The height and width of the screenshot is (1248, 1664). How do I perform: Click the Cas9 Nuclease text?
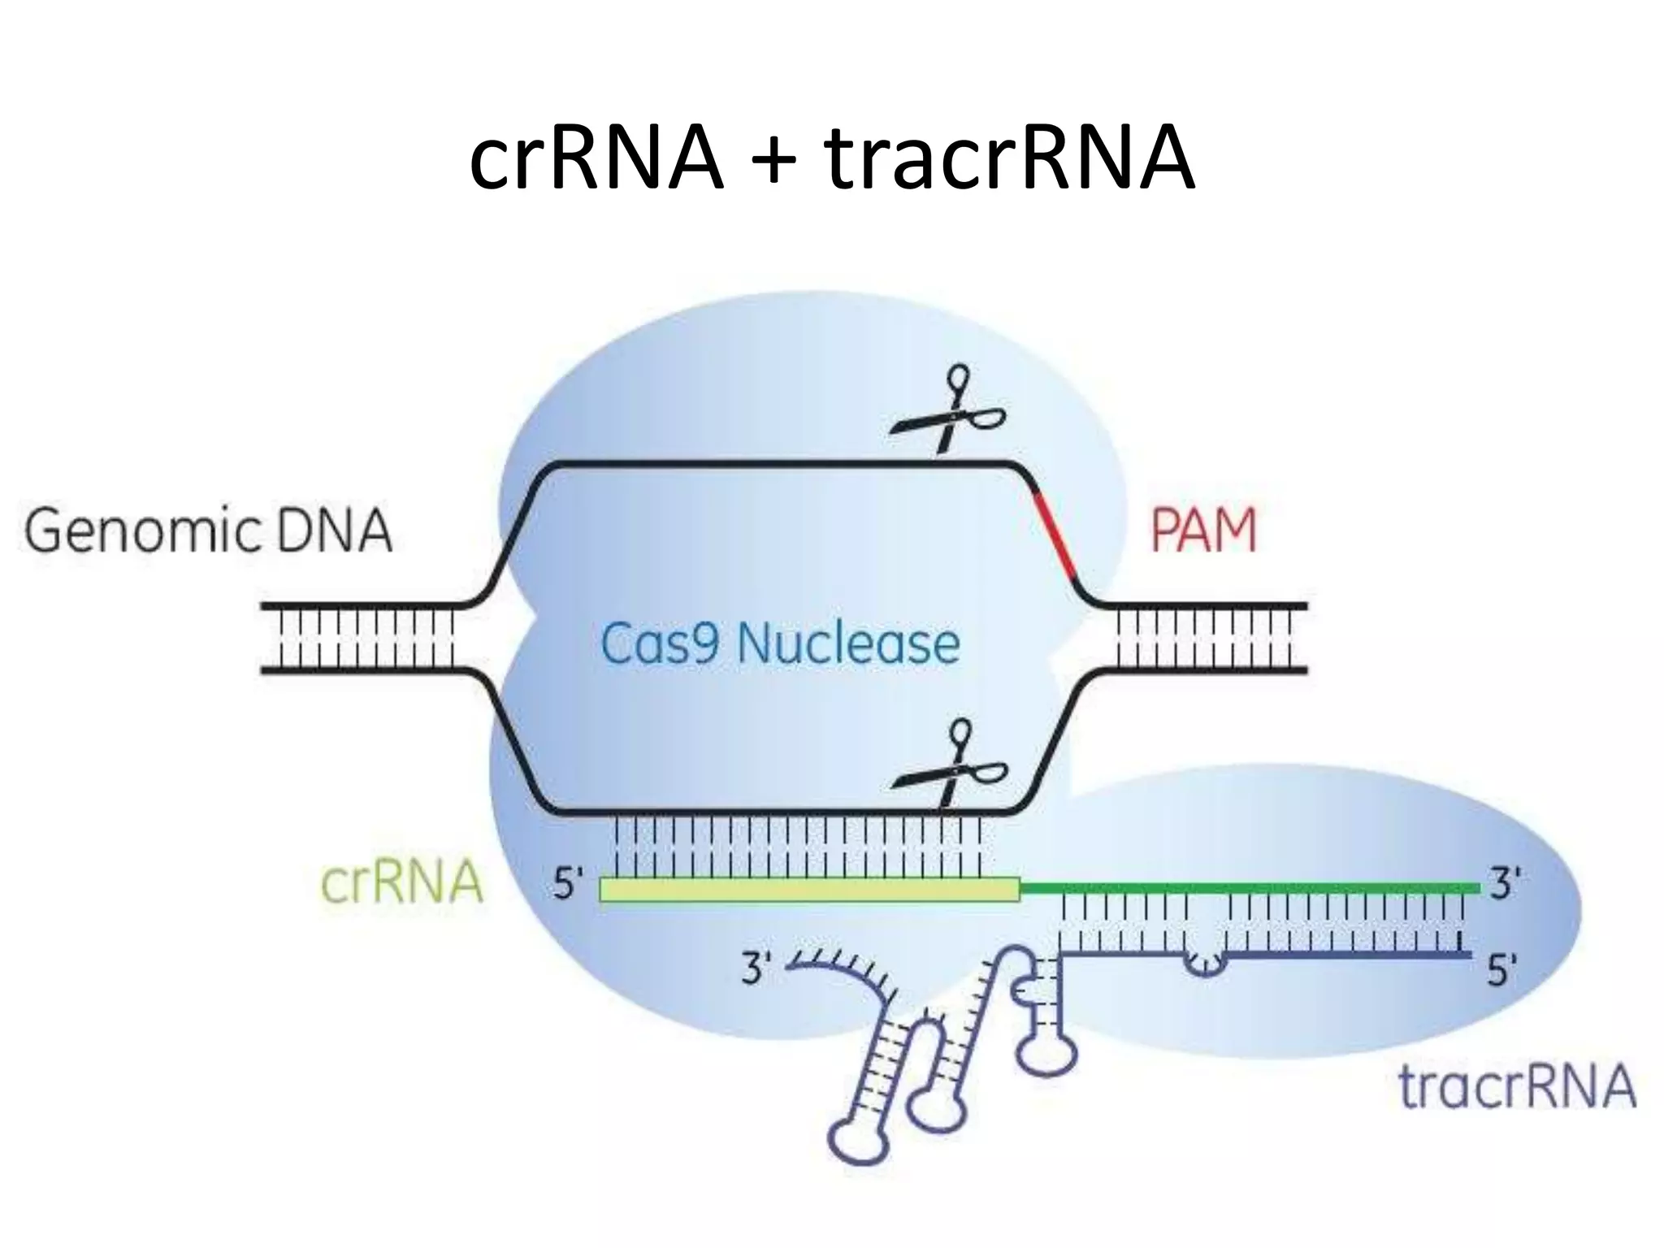[x=779, y=644]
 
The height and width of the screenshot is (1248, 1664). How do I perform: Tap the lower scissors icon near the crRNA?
[x=951, y=772]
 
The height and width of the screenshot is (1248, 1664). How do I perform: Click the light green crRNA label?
[x=401, y=883]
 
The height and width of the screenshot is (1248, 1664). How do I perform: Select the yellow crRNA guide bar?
[x=808, y=890]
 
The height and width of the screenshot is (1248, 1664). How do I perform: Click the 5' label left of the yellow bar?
[x=568, y=885]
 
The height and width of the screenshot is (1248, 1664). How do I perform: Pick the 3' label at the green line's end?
[x=1505, y=884]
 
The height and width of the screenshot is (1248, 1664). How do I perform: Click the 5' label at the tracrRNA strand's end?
[x=1502, y=971]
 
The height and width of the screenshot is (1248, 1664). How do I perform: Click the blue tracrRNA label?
[x=1516, y=1087]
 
